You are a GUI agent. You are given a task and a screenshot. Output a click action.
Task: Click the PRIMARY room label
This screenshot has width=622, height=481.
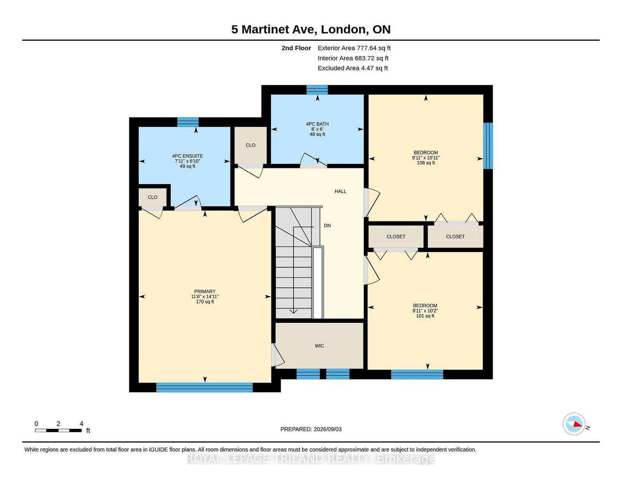click(204, 292)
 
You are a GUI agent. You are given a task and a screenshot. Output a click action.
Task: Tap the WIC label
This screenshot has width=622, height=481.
click(319, 346)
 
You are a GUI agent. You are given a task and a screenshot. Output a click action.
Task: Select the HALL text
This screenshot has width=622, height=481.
click(340, 191)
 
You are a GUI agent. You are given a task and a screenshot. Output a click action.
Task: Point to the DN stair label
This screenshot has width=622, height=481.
click(327, 226)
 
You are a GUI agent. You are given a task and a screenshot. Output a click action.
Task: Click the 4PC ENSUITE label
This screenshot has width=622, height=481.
click(187, 156)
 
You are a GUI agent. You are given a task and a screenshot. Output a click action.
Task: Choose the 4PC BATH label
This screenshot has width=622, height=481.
click(317, 124)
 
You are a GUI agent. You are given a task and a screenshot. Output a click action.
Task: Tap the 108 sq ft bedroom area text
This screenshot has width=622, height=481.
click(426, 163)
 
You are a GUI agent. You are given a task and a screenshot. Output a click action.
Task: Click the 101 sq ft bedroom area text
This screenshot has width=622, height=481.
click(425, 316)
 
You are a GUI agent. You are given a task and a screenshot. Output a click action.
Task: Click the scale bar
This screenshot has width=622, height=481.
click(58, 430)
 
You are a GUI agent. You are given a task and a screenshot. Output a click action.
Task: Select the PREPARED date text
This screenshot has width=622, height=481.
click(311, 429)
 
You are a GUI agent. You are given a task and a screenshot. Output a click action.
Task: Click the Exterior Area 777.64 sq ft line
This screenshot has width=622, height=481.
click(354, 48)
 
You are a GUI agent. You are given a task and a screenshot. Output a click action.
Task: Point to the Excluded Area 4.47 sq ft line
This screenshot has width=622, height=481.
click(353, 68)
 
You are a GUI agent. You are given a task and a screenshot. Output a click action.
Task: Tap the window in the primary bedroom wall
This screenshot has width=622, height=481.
click(204, 387)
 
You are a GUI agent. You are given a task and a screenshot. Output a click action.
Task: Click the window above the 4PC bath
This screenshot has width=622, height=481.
click(317, 90)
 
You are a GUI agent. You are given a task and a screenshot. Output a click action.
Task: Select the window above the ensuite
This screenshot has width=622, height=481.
click(188, 122)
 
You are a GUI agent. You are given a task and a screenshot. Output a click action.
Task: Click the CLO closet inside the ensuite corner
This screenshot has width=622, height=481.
click(152, 197)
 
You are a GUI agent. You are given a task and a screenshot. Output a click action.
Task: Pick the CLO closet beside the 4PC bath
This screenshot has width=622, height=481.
click(250, 145)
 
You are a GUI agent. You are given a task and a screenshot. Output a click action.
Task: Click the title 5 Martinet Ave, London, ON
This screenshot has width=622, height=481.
click(311, 29)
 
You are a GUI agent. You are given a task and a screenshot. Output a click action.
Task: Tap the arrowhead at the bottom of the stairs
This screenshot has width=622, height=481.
click(294, 311)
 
